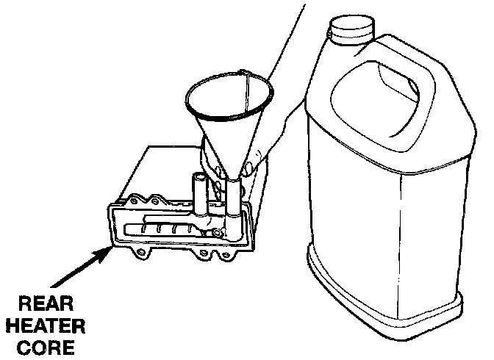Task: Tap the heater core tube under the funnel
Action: [231, 202]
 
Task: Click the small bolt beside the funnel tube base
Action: [218, 233]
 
